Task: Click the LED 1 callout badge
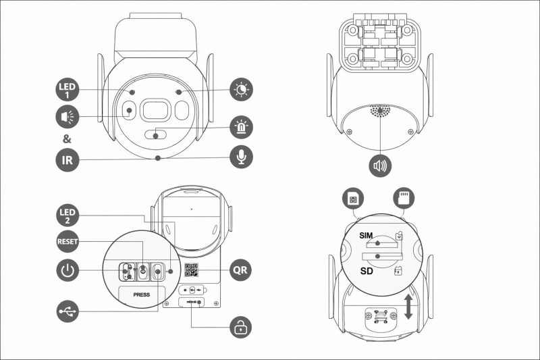67,91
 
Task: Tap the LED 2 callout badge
67,215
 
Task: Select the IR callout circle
67,160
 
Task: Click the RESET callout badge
67,242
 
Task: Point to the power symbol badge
67,270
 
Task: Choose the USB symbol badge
67,311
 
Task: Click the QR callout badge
241,269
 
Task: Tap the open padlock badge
241,327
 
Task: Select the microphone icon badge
241,157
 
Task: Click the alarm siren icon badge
241,128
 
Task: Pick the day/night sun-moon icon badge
241,89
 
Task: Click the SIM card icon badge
353,199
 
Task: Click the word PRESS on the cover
142,295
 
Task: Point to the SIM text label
366,236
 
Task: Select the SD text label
367,271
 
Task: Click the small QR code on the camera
191,269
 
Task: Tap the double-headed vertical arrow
408,306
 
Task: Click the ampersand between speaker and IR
67,139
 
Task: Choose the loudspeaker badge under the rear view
380,165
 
